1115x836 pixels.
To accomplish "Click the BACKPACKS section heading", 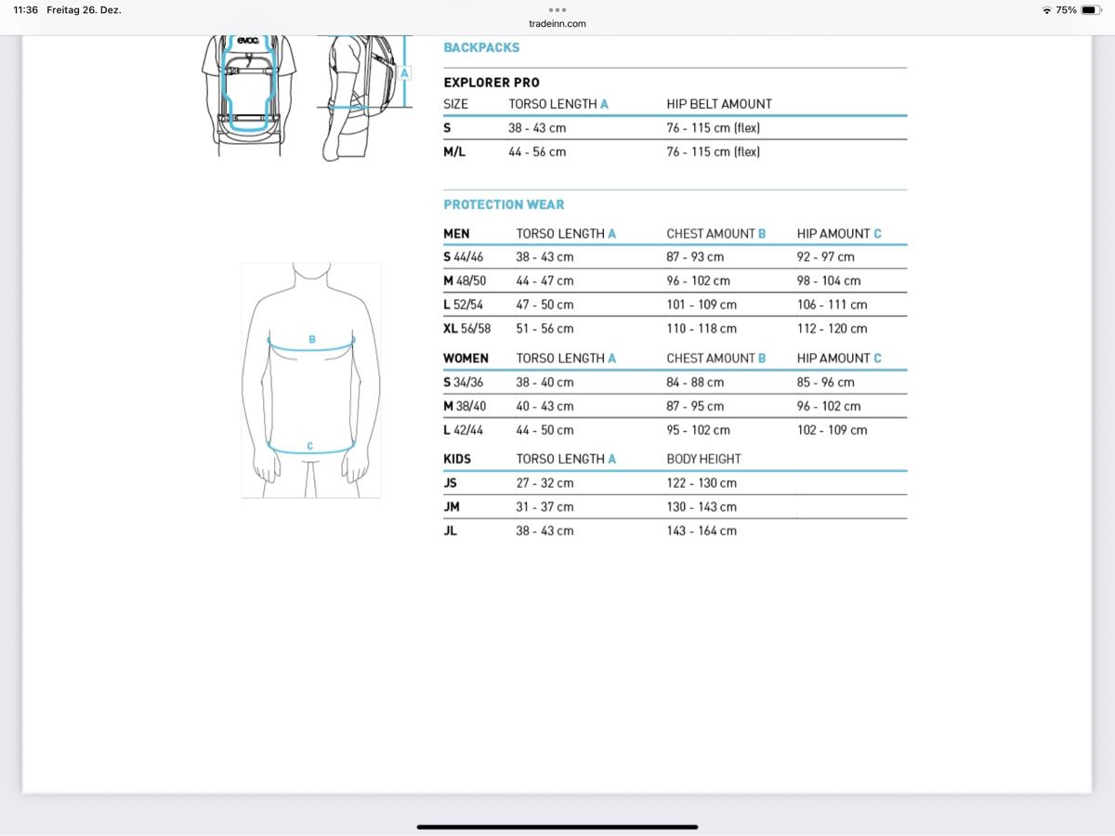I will click(481, 47).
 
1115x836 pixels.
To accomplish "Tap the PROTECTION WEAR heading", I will click(504, 204).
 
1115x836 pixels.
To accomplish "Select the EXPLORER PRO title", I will click(492, 83).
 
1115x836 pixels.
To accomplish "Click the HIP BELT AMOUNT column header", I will click(719, 104).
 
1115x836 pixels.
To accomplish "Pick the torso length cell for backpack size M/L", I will click(537, 151).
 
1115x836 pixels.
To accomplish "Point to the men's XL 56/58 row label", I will click(467, 328).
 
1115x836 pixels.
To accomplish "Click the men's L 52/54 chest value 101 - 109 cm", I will click(702, 305).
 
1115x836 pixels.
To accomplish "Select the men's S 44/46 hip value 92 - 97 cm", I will click(825, 256).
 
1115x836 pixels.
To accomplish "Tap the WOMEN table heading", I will click(466, 358).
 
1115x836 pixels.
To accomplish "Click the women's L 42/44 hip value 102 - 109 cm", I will click(832, 430).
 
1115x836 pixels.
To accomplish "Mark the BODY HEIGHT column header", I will click(703, 459).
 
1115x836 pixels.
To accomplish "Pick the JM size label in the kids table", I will click(452, 506).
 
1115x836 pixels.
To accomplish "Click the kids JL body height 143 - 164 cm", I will click(702, 530).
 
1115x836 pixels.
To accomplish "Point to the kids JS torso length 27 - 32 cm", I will click(544, 483).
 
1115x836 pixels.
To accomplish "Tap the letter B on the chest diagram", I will click(312, 340).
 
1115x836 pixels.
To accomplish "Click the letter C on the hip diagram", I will click(310, 447).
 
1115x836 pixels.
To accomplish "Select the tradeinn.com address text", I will click(557, 24).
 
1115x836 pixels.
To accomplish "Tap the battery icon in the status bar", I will click(1090, 10).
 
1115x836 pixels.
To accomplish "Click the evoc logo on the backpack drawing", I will click(247, 40).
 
